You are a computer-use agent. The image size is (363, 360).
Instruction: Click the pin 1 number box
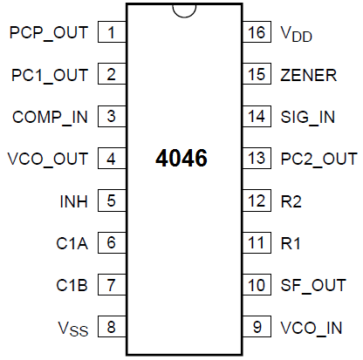[112, 33]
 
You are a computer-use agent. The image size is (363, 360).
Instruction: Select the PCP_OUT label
[49, 33]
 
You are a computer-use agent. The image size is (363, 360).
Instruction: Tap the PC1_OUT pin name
[49, 75]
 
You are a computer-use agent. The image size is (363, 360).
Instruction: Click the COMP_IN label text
[50, 116]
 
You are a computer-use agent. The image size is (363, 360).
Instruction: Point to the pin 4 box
[112, 158]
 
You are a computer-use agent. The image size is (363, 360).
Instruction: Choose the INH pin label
[74, 200]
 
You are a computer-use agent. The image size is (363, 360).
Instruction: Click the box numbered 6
[112, 242]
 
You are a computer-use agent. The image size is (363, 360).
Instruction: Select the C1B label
[74, 284]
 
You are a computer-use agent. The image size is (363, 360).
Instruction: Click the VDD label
[295, 34]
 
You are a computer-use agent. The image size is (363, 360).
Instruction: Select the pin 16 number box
[257, 33]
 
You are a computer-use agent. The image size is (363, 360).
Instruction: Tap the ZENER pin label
[307, 75]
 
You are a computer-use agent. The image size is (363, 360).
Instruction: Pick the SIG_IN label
[307, 116]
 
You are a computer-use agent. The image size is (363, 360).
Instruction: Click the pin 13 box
[257, 158]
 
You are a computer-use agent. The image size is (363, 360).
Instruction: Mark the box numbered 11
[257, 242]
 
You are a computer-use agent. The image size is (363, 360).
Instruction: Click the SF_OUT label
[312, 284]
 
